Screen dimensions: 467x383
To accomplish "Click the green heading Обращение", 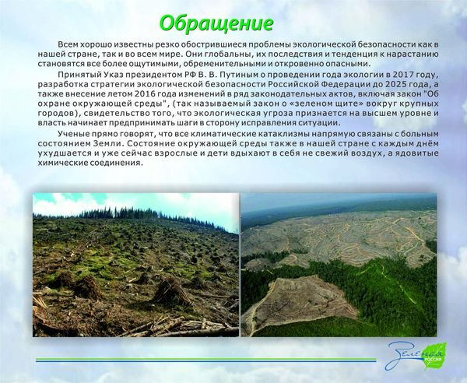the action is click(x=216, y=23).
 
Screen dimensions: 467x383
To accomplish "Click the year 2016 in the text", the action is click(x=145, y=94).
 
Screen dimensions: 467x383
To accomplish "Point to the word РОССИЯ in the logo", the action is click(x=434, y=360).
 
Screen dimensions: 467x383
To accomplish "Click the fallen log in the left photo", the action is click(x=191, y=330).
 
